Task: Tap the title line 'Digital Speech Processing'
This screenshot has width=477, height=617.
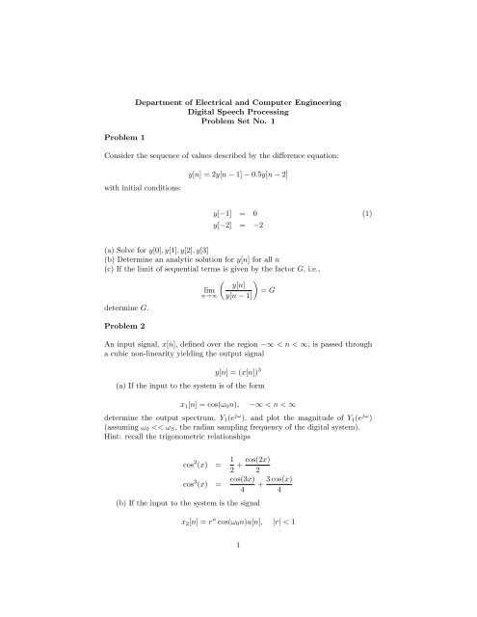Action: (238, 112)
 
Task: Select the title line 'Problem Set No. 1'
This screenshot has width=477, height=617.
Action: (238, 123)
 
